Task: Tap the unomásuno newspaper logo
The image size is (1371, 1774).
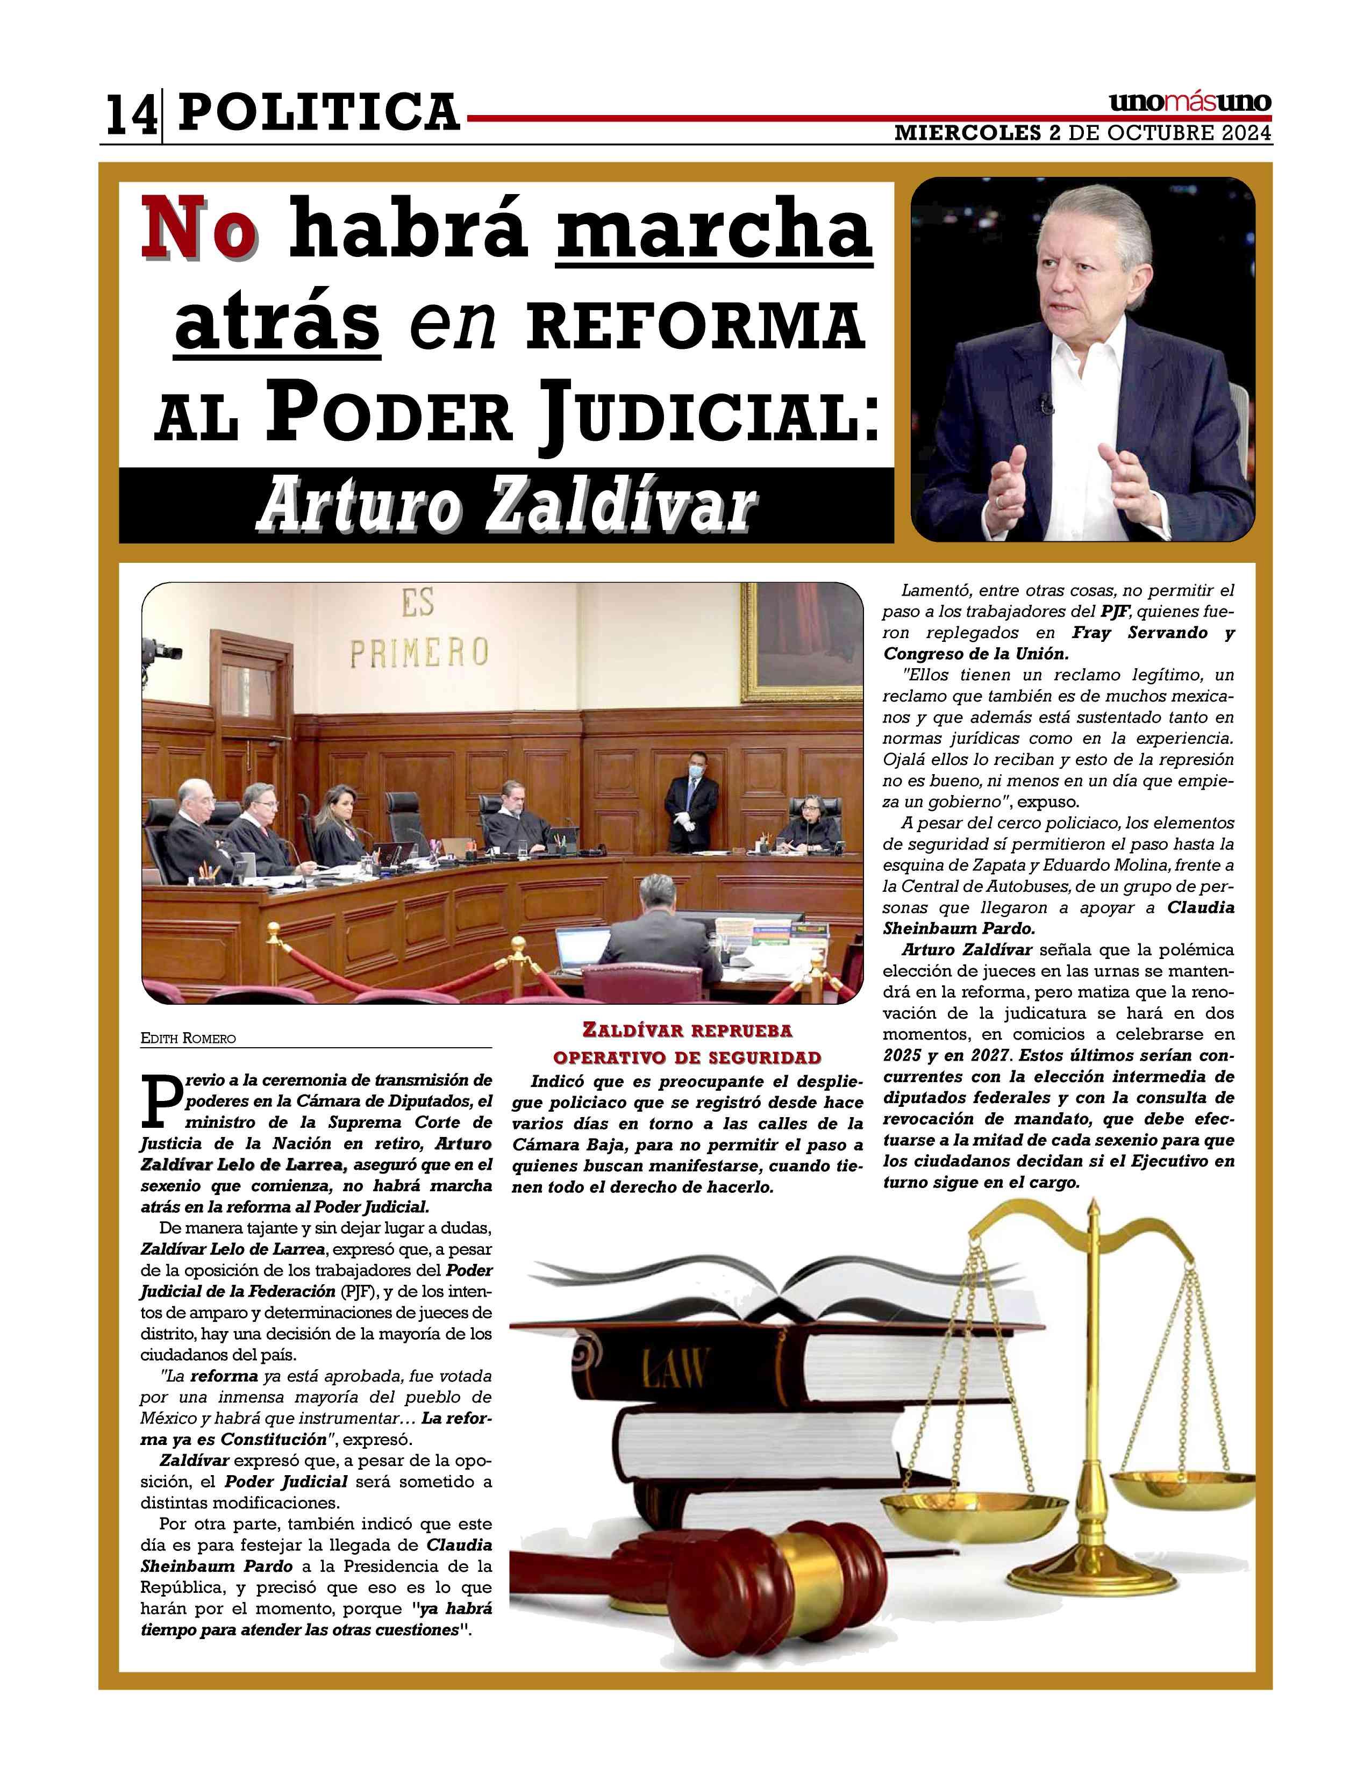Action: [x=1189, y=103]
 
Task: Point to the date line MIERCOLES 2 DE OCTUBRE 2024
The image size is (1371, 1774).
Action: [x=1083, y=134]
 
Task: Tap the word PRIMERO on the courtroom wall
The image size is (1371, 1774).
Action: [x=419, y=652]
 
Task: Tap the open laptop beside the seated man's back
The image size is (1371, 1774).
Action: [x=582, y=949]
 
